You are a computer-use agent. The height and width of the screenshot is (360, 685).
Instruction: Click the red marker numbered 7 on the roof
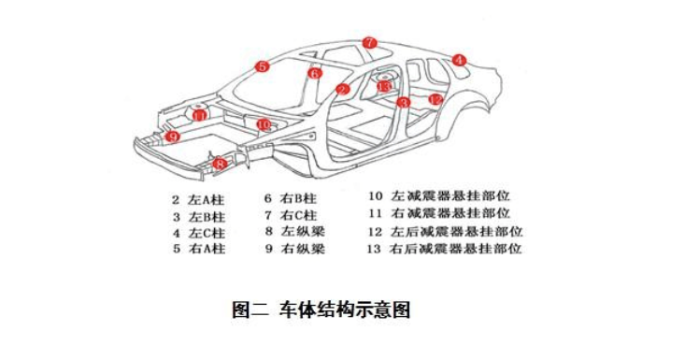[369, 43]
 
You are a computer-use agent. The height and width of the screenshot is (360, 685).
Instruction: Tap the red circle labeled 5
[262, 66]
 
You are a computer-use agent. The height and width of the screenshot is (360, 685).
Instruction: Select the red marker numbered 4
[459, 60]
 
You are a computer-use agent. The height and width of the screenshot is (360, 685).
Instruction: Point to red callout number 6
[315, 73]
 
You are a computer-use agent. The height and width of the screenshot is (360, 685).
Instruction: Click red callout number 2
[343, 90]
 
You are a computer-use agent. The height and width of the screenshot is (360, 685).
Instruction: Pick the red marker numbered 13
[384, 87]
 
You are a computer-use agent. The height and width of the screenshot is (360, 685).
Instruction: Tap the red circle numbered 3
[403, 103]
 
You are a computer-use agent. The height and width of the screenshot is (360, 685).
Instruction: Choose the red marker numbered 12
[435, 100]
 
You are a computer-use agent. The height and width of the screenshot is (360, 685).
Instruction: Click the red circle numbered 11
[199, 116]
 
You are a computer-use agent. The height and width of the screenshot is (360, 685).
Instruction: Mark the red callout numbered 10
[264, 125]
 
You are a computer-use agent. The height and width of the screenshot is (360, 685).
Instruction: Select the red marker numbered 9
[173, 137]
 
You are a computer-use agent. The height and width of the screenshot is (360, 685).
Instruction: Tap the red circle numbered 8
[220, 165]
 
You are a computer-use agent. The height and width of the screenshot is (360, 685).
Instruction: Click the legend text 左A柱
[207, 200]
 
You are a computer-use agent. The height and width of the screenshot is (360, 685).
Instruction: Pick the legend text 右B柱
[298, 199]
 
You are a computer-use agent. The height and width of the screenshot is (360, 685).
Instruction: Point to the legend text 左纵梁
[303, 232]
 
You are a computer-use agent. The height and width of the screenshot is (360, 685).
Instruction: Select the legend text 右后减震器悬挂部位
[456, 249]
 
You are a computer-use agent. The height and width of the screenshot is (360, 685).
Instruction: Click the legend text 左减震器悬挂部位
[450, 195]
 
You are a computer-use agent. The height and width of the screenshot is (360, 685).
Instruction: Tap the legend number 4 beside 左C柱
[176, 234]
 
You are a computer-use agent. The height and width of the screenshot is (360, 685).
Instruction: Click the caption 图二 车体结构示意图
[321, 310]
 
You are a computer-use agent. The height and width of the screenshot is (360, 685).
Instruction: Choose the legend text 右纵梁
[303, 249]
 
